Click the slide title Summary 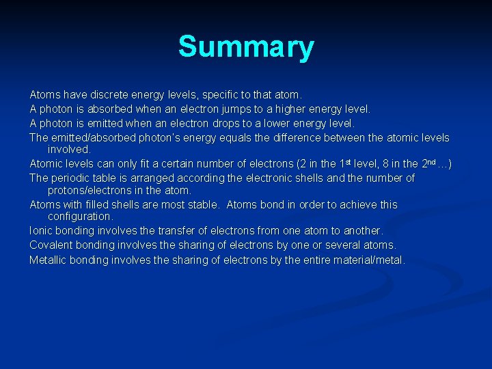coord(246,47)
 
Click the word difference coord(322,138)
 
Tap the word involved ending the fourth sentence coord(68,149)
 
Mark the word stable coord(201,205)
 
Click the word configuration coord(80,217)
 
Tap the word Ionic coord(41,231)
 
